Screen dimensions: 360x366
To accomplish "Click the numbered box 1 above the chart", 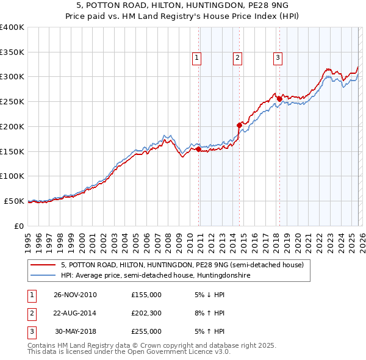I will click(x=197, y=59).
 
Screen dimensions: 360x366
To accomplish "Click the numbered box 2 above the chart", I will click(x=237, y=59).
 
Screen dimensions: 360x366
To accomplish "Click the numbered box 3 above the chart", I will click(x=278, y=59).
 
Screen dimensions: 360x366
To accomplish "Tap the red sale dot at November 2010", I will click(x=199, y=148).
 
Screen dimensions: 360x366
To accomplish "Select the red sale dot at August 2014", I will click(x=239, y=125).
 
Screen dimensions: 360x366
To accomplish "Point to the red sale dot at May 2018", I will click(x=279, y=99).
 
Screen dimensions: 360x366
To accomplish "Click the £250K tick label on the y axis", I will click(x=12, y=102).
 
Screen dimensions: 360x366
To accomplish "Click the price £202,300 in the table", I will click(x=146, y=313).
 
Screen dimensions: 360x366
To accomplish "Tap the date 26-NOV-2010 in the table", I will click(x=75, y=295).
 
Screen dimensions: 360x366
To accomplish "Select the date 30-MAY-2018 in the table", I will click(x=75, y=331).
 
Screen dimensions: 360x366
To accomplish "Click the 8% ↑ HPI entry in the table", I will click(x=209, y=313).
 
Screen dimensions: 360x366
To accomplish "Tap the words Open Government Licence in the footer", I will click(x=170, y=352).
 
